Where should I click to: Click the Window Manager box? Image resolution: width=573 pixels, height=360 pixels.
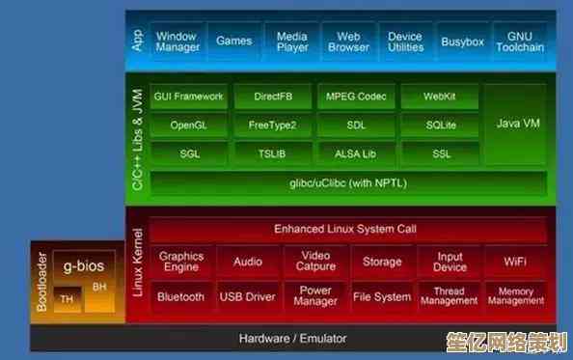click(x=176, y=41)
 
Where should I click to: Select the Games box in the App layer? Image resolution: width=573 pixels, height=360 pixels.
click(x=233, y=41)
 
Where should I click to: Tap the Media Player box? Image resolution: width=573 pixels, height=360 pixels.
click(x=291, y=42)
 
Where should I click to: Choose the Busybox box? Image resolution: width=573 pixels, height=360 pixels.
click(x=462, y=42)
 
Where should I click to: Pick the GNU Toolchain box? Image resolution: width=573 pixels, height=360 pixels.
click(x=519, y=42)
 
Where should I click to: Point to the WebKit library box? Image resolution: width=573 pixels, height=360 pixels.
click(x=439, y=97)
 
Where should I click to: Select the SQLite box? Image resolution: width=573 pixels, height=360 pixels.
click(x=439, y=125)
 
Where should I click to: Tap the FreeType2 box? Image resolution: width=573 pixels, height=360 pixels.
click(x=272, y=125)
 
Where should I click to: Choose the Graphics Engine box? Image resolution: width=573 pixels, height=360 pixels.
click(x=181, y=262)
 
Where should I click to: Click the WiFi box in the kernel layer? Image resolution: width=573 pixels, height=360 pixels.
click(x=514, y=262)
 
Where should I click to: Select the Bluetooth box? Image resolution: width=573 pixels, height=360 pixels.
click(x=181, y=297)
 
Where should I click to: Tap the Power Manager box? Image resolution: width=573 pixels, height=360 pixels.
click(x=314, y=297)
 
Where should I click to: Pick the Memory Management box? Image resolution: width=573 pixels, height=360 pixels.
click(x=514, y=297)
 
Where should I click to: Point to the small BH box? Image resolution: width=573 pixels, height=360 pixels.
click(x=99, y=287)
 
